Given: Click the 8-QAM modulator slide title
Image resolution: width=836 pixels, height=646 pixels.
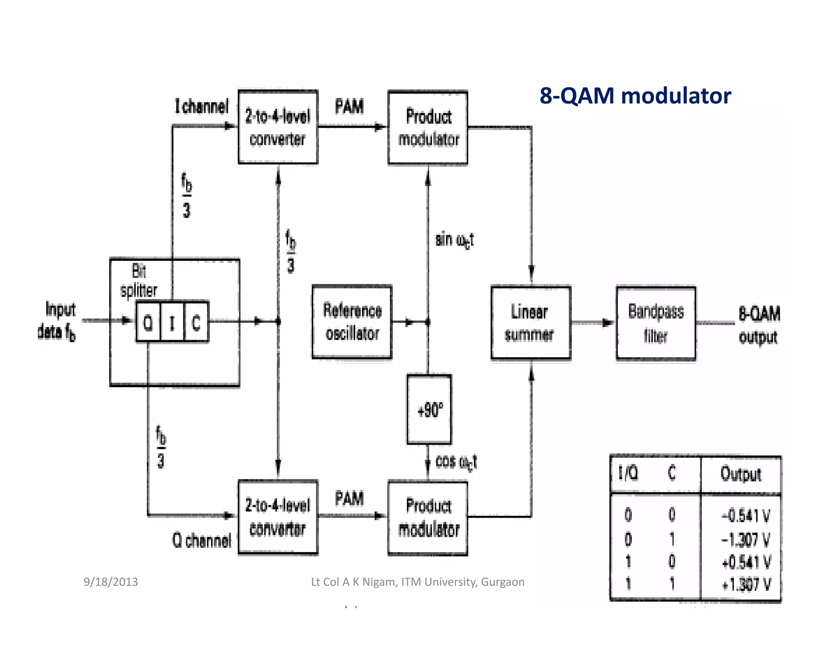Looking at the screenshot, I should pyautogui.click(x=635, y=96).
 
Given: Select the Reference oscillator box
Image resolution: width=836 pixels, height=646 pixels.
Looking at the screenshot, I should pyautogui.click(x=352, y=322).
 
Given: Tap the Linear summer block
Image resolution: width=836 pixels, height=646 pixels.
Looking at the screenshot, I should pyautogui.click(x=530, y=323).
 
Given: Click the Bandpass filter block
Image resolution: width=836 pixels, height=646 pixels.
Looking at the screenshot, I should pyautogui.click(x=656, y=323).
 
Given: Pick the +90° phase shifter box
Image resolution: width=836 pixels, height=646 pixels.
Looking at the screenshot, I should pyautogui.click(x=429, y=409).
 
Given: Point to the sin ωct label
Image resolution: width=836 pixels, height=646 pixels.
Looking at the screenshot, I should pyautogui.click(x=454, y=240).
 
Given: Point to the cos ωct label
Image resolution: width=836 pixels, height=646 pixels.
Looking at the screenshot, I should pyautogui.click(x=456, y=462).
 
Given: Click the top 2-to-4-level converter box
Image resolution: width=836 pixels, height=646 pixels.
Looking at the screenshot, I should pyautogui.click(x=278, y=127).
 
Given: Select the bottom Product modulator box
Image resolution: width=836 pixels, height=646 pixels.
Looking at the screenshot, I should pyautogui.click(x=428, y=518).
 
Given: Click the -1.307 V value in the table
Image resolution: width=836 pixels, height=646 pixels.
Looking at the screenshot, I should pyautogui.click(x=745, y=539).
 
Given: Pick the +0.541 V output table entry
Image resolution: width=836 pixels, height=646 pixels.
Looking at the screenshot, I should pyautogui.click(x=745, y=562).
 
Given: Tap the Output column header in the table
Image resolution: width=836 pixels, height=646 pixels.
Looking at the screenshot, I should pyautogui.click(x=740, y=474).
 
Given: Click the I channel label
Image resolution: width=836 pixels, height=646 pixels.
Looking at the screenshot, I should pyautogui.click(x=202, y=107).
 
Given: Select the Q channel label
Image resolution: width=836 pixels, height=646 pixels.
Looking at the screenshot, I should pyautogui.click(x=202, y=540).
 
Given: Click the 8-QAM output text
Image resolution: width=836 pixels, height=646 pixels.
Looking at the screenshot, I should pyautogui.click(x=758, y=325).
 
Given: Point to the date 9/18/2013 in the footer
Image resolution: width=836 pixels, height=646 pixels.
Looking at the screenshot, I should pyautogui.click(x=111, y=581).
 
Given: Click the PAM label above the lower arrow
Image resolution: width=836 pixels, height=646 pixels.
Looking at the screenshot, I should pyautogui.click(x=349, y=499).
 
